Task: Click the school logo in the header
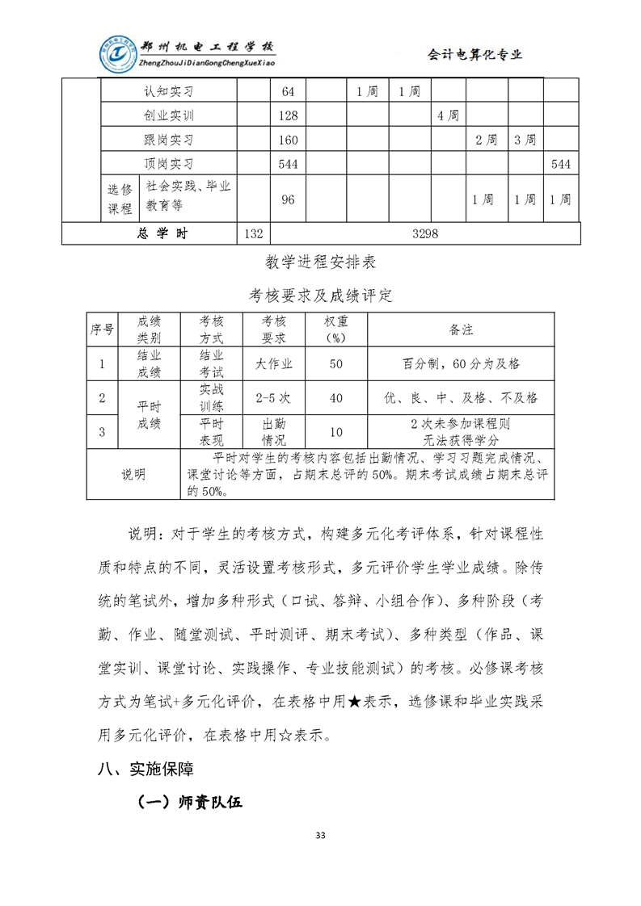click(118, 54)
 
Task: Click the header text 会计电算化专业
click(474, 54)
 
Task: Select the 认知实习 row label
click(169, 91)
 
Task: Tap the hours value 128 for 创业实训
click(289, 115)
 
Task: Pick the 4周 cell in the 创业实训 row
click(448, 115)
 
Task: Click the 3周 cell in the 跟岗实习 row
click(525, 140)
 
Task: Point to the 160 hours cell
click(289, 140)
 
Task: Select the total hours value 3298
click(424, 233)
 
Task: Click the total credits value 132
click(253, 233)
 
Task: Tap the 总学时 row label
click(162, 233)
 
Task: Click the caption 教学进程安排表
click(320, 262)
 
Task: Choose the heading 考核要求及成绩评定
click(320, 295)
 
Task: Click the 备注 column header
click(461, 329)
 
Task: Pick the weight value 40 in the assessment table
click(336, 397)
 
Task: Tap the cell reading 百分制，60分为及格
click(461, 363)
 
